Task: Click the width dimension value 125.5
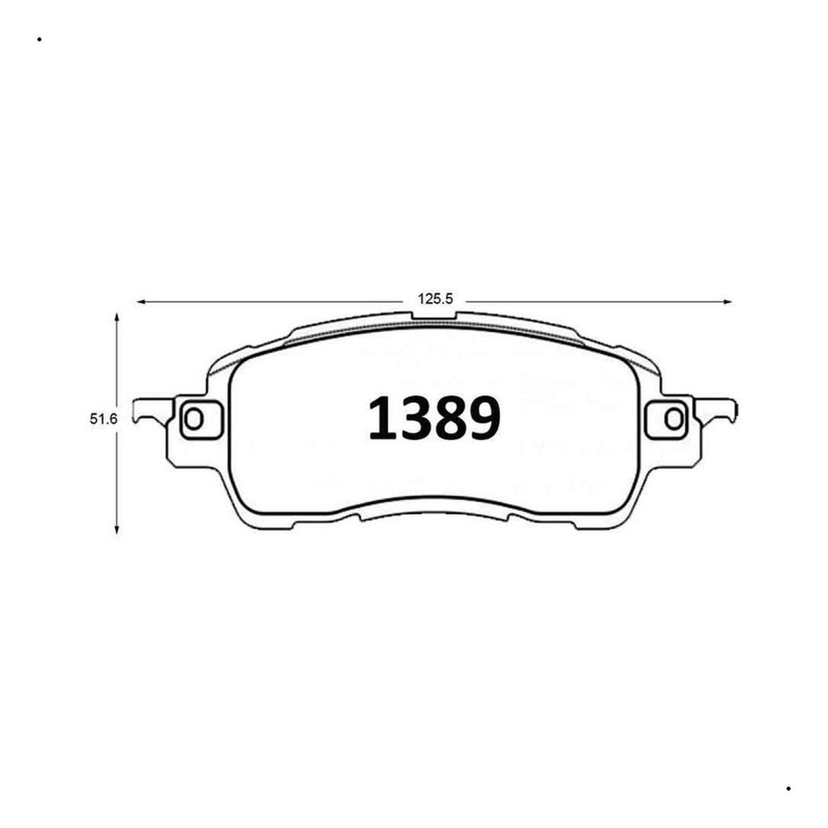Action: click(435, 299)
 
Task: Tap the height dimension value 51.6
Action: click(103, 419)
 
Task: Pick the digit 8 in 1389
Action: click(452, 419)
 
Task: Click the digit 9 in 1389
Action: click(484, 419)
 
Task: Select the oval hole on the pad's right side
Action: click(673, 419)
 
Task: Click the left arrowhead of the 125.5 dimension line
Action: click(140, 302)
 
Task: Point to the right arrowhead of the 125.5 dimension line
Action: click(728, 302)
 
